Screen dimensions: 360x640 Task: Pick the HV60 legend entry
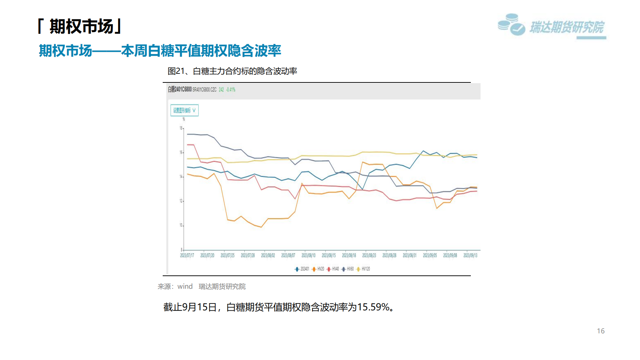[x=348, y=269]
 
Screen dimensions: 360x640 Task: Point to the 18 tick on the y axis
[x=181, y=128]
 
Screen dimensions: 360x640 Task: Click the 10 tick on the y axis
[x=181, y=225]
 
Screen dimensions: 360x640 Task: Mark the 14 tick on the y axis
[x=181, y=177]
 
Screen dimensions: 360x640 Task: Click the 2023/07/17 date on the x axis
[x=187, y=256]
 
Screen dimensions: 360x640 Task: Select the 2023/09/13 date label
[x=470, y=256]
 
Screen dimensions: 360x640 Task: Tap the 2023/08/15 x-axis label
[x=329, y=256]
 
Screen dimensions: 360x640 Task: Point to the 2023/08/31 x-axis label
[x=410, y=256]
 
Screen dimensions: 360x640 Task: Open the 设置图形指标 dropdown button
[x=184, y=111]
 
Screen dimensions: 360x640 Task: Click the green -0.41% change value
[x=231, y=90]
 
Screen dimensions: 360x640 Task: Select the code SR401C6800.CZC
[x=204, y=90]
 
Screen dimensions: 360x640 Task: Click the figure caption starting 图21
[x=232, y=71]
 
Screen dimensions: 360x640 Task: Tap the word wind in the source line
[x=185, y=287]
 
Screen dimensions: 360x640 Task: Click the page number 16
[x=601, y=331]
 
